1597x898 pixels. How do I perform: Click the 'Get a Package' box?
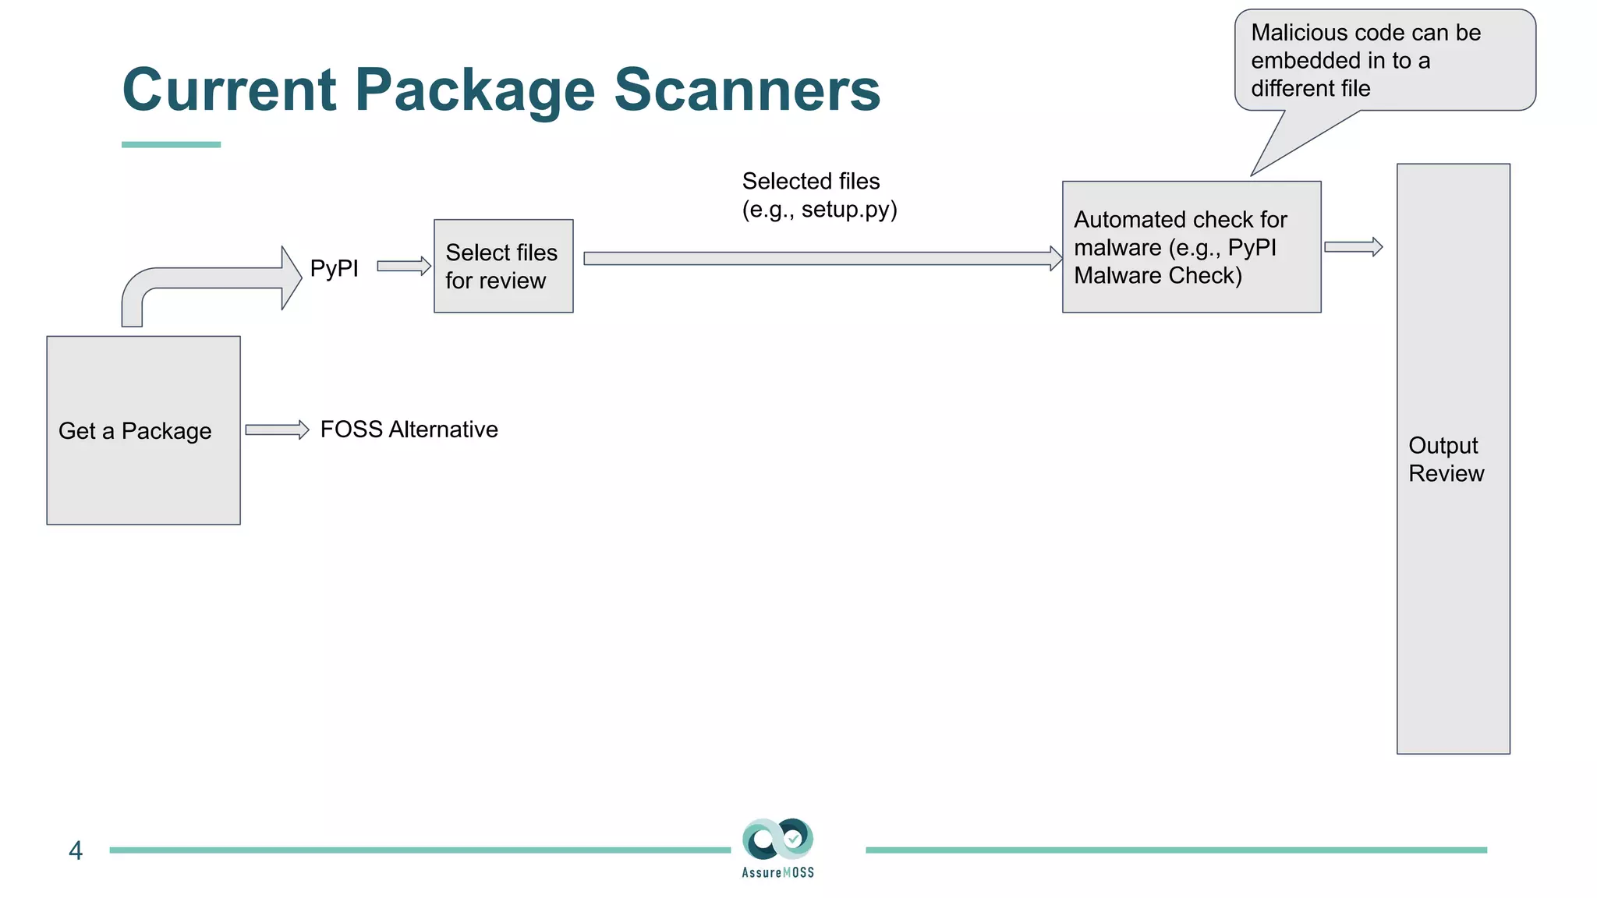143,430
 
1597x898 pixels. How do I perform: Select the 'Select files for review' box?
503,266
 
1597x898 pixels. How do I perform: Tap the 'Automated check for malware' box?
1191,247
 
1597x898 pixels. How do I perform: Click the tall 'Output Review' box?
1453,458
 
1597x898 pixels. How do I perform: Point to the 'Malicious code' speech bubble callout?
1384,61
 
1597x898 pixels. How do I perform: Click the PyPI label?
334,268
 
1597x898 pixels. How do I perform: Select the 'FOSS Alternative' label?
409,430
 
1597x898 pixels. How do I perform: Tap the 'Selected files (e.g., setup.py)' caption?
819,195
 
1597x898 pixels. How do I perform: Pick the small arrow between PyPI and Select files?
404,266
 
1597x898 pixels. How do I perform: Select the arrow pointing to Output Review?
1353,247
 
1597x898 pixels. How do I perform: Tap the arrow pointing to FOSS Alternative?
277,430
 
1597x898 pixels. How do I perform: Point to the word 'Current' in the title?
230,90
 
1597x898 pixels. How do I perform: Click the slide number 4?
76,850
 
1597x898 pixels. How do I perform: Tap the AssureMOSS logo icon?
777,840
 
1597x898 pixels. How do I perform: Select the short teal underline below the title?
171,144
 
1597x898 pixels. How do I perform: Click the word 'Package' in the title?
476,90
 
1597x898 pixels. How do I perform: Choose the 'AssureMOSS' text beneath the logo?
777,872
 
